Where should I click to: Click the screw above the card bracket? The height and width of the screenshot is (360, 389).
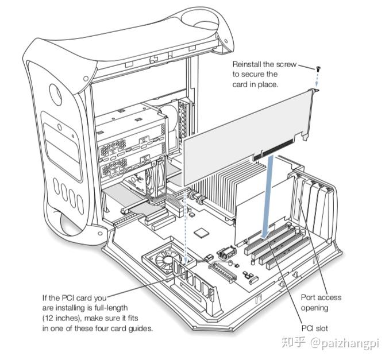pyautogui.click(x=317, y=68)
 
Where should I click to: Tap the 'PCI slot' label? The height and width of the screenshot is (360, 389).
pyautogui.click(x=315, y=328)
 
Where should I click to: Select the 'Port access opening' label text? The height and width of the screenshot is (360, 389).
pyautogui.click(x=321, y=303)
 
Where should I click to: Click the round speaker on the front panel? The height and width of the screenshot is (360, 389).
pyautogui.click(x=56, y=92)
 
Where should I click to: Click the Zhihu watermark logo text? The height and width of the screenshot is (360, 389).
pyautogui.click(x=296, y=343)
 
